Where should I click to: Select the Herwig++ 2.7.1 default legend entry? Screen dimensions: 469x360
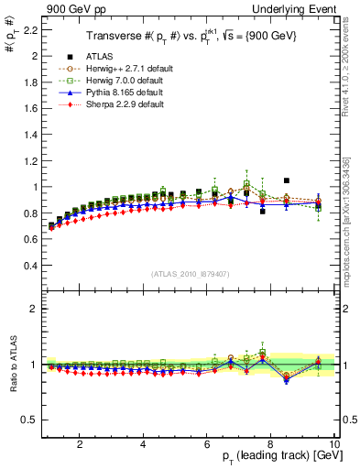[x=124, y=69]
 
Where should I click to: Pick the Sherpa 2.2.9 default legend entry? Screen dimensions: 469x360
[x=120, y=104]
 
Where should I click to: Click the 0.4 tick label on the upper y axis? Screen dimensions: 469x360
[x=28, y=266]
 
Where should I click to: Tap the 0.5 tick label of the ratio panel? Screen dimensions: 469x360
[x=28, y=420]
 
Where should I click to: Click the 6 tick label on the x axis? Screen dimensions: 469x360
[x=207, y=445]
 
